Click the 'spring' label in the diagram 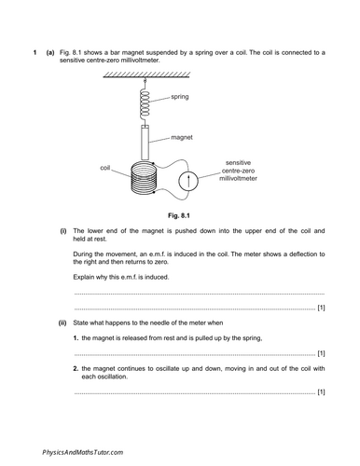183,97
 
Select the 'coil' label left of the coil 105,168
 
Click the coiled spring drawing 145,103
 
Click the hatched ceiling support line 145,76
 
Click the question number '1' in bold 35,52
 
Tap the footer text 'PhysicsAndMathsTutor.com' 82,451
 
